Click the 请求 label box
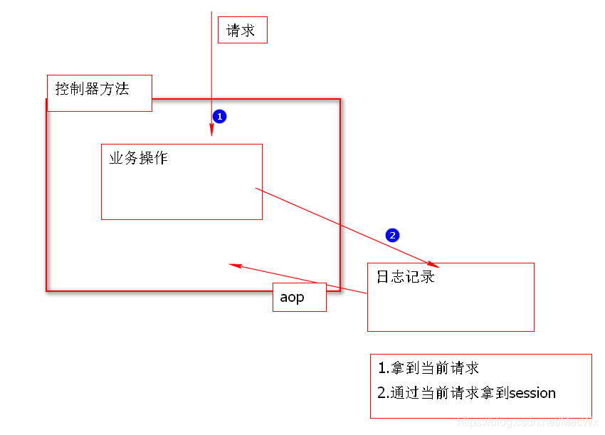point(242,30)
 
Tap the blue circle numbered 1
point(220,116)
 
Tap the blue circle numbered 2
point(392,235)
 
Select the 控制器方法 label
point(93,90)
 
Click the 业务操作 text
point(139,158)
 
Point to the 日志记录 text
point(406,277)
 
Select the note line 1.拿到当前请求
point(428,368)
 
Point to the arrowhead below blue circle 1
point(211,130)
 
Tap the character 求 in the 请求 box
point(248,31)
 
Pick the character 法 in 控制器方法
point(122,90)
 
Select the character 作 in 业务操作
point(161,158)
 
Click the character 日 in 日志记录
point(384,277)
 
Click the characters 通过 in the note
point(405,393)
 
